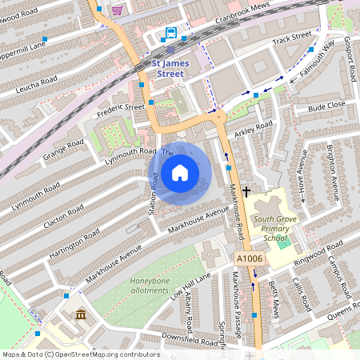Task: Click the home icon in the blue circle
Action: [x=180, y=173]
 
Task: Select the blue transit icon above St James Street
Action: [x=170, y=33]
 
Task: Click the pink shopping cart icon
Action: [x=117, y=10]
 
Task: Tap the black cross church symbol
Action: [x=246, y=191]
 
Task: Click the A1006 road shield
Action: [x=249, y=258]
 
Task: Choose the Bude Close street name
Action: [x=326, y=106]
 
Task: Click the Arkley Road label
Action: [x=254, y=127]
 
